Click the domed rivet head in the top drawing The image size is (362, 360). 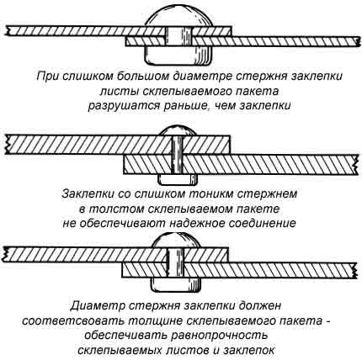[x=180, y=18]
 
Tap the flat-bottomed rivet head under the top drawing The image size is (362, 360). [x=179, y=56]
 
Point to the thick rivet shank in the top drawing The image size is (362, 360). [x=179, y=36]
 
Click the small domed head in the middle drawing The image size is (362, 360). [x=178, y=130]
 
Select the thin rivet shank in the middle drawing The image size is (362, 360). [x=177, y=154]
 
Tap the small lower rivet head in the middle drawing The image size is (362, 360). [x=178, y=178]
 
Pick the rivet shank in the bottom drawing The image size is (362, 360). [x=176, y=262]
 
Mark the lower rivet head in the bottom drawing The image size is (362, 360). [x=176, y=284]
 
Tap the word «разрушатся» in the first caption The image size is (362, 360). [x=122, y=107]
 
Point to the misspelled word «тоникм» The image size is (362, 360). [x=213, y=193]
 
